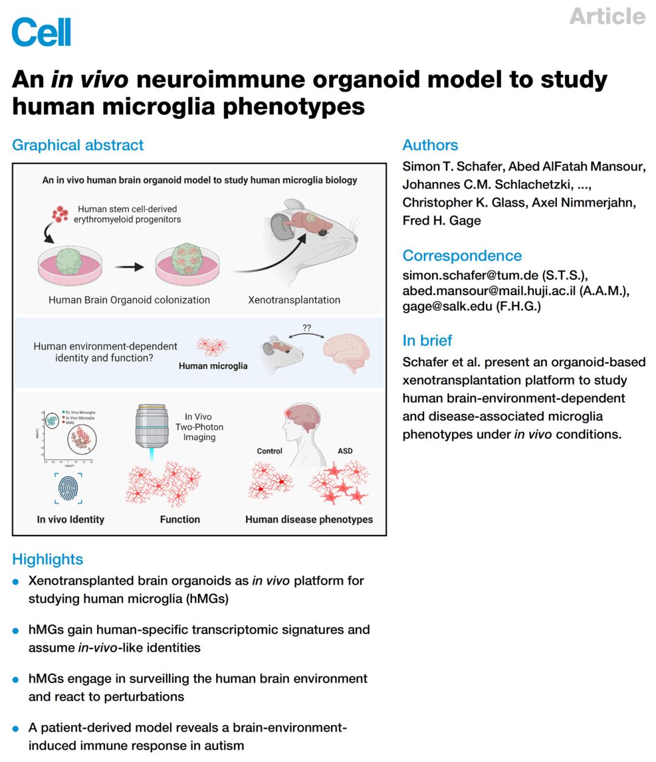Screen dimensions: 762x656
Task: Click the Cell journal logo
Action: pyautogui.click(x=41, y=32)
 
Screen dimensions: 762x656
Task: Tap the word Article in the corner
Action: pyautogui.click(x=607, y=16)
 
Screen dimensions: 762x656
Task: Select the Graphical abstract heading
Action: pyautogui.click(x=78, y=145)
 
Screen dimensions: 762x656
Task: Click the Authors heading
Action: pyautogui.click(x=430, y=145)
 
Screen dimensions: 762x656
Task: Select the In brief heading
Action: pyautogui.click(x=427, y=341)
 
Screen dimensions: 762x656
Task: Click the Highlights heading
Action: pyautogui.click(x=47, y=559)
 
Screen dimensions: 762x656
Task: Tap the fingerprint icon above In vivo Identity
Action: pyautogui.click(x=68, y=489)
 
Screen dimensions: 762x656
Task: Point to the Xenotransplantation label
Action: pyautogui.click(x=294, y=300)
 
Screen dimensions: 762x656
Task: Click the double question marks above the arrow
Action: pyautogui.click(x=307, y=328)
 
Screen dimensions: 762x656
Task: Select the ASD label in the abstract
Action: pyautogui.click(x=345, y=451)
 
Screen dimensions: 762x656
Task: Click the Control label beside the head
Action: pyautogui.click(x=269, y=451)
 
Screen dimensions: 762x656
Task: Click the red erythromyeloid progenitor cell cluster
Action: pyautogui.click(x=60, y=214)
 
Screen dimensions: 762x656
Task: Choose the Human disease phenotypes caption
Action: pyautogui.click(x=309, y=520)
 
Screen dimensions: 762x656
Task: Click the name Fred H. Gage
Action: pyautogui.click(x=442, y=221)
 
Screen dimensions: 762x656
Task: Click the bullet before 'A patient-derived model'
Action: pyautogui.click(x=16, y=728)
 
